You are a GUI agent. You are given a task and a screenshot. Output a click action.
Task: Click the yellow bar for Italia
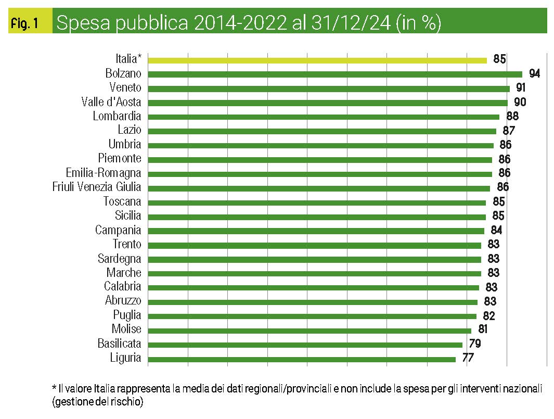click(317, 60)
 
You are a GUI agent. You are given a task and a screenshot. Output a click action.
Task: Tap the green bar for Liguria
click(302, 359)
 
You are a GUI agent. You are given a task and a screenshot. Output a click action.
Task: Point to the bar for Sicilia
click(317, 217)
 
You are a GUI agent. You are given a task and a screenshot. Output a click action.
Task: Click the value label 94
click(534, 73)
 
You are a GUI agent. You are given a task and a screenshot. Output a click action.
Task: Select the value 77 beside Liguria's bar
click(467, 358)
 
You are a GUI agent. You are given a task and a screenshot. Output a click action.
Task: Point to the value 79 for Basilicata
click(474, 344)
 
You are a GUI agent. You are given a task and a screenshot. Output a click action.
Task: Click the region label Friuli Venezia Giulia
click(97, 187)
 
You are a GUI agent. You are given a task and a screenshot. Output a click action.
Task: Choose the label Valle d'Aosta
click(111, 102)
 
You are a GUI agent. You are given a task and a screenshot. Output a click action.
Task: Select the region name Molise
click(126, 329)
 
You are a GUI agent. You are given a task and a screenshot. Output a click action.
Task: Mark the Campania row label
click(118, 230)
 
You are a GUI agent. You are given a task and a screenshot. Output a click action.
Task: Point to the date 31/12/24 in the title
click(344, 23)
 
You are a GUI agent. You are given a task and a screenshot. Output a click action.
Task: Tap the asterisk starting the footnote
click(54, 388)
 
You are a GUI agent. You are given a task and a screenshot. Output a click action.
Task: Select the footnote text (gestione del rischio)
click(97, 402)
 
